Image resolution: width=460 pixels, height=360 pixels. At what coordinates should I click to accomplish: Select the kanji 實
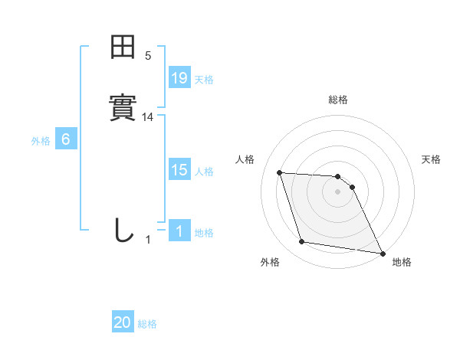pyautogui.click(x=123, y=107)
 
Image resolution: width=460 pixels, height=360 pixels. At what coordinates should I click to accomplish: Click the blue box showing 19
pyautogui.click(x=179, y=77)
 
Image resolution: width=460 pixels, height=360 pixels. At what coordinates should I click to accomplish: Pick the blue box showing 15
pyautogui.click(x=179, y=171)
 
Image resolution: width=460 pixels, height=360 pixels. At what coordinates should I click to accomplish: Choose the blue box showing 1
pyautogui.click(x=179, y=231)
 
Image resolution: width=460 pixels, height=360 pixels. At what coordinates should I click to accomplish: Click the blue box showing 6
pyautogui.click(x=66, y=139)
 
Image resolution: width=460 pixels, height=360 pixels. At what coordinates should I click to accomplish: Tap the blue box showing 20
pyautogui.click(x=123, y=322)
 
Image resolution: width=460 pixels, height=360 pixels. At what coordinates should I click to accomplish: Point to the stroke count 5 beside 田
pyautogui.click(x=148, y=56)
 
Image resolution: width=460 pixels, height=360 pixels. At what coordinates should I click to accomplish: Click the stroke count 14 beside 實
pyautogui.click(x=148, y=117)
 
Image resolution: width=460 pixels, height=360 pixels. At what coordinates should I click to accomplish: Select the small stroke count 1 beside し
pyautogui.click(x=148, y=240)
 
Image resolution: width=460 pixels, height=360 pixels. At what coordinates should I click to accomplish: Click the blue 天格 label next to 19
pyautogui.click(x=204, y=79)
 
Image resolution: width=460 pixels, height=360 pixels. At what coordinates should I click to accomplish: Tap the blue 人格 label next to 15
pyautogui.click(x=204, y=172)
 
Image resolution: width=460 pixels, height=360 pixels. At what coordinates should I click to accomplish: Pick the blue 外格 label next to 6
pyautogui.click(x=41, y=140)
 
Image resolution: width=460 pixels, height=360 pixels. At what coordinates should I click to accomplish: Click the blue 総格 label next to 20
pyautogui.click(x=147, y=324)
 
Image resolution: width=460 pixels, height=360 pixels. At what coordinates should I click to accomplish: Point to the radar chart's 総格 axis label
pyautogui.click(x=337, y=100)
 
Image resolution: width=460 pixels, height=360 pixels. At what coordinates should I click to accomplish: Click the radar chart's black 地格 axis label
pyautogui.click(x=402, y=263)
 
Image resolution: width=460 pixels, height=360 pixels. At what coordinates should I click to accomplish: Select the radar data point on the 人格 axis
pyautogui.click(x=280, y=172)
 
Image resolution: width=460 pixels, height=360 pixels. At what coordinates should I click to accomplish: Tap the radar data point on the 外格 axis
pyautogui.click(x=302, y=242)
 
